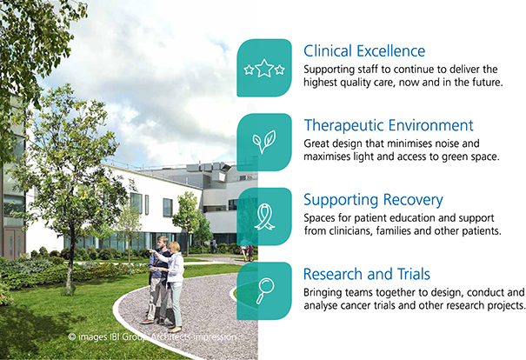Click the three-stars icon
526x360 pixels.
[x=264, y=68]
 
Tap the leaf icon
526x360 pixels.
[x=264, y=142]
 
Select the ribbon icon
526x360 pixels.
[x=264, y=217]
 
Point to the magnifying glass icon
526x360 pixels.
[x=265, y=290]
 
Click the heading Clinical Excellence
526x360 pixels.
[x=364, y=51]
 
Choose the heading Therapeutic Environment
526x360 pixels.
[x=389, y=125]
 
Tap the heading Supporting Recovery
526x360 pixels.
[x=373, y=200]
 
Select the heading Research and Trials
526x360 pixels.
[x=367, y=274]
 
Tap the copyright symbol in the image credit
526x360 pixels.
[x=72, y=337]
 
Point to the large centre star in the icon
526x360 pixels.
[x=264, y=68]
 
